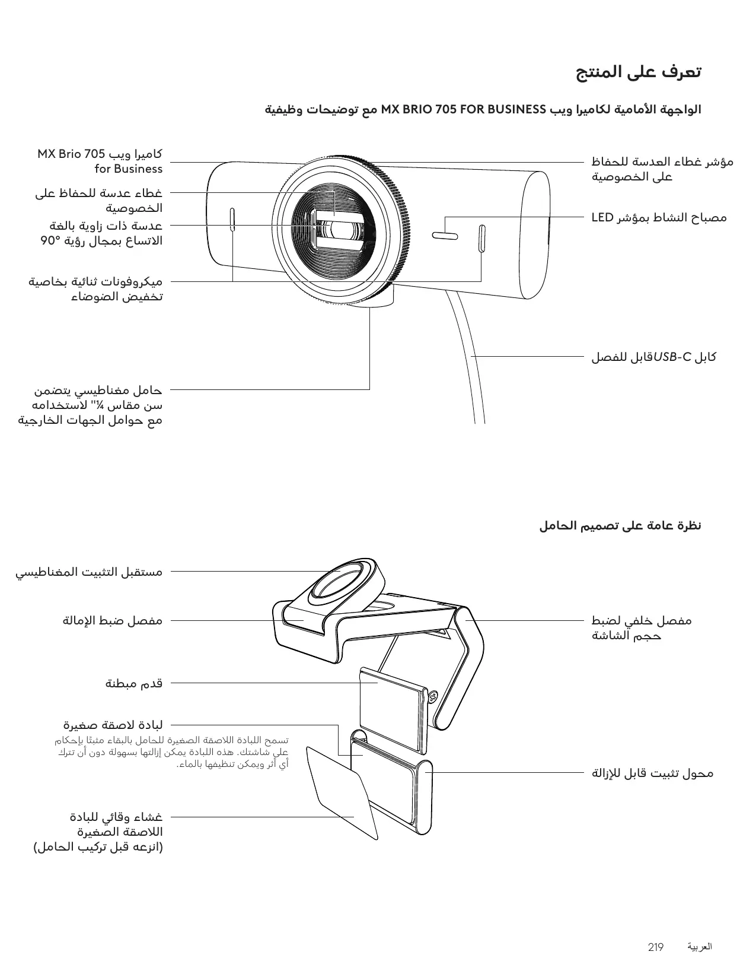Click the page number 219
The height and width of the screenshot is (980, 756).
(x=656, y=947)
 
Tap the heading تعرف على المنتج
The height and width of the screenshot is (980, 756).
(x=639, y=72)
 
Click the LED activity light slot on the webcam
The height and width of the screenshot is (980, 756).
(x=444, y=236)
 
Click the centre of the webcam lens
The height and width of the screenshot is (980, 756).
(x=340, y=230)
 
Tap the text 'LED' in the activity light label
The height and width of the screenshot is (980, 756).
(x=602, y=218)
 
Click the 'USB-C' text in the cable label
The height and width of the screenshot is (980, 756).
(x=672, y=357)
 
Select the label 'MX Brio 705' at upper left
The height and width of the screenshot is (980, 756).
(x=71, y=154)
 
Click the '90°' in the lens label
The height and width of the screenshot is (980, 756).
(x=52, y=241)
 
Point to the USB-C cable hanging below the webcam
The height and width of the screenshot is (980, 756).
(x=468, y=356)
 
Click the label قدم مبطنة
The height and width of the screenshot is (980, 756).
(x=134, y=683)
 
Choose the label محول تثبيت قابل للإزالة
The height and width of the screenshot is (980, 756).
(x=652, y=773)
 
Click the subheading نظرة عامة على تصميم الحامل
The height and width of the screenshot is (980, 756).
(x=620, y=526)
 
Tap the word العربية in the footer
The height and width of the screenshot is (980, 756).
(x=700, y=947)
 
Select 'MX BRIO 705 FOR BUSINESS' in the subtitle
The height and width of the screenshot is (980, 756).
(x=463, y=110)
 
